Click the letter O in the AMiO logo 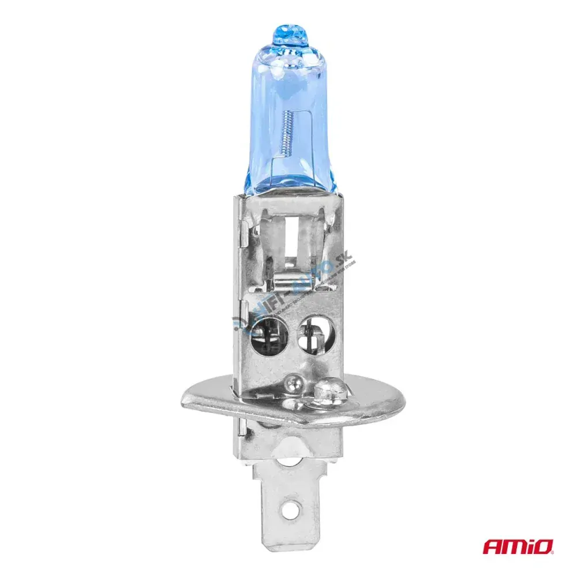[546, 546]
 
